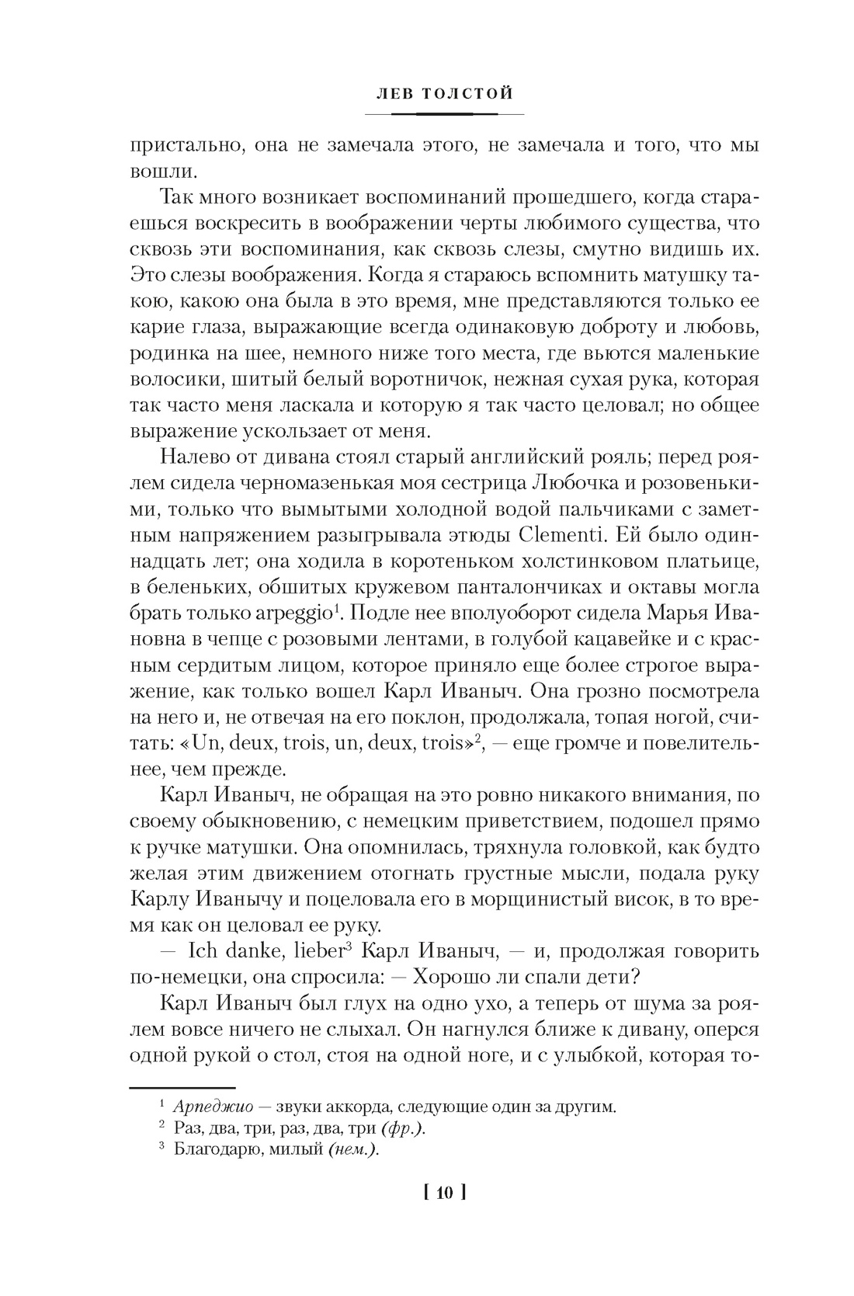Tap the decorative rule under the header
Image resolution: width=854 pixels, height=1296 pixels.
(443, 114)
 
